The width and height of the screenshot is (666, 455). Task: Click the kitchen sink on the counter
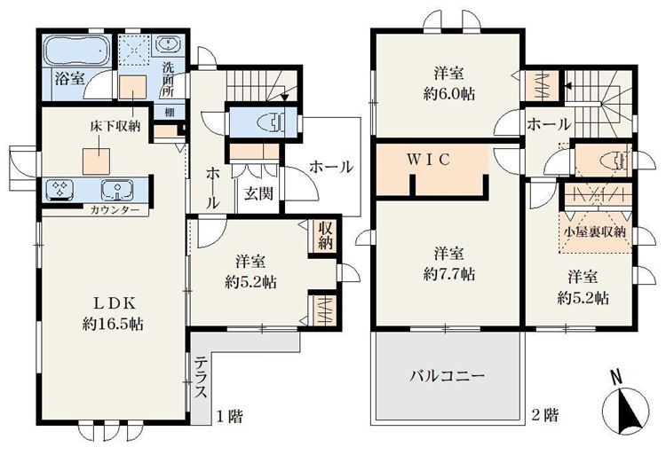[117, 189]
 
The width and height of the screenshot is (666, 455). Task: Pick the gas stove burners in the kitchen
[59, 189]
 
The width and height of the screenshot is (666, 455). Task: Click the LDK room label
[115, 303]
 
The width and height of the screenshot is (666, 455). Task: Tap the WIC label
[429, 160]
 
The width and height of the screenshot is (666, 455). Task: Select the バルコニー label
[447, 376]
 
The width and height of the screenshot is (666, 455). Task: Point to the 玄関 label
[258, 193]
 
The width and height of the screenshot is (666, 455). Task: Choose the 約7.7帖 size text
[449, 274]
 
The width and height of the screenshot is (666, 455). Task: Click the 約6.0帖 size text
[449, 93]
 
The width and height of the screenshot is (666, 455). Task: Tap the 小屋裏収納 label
[595, 232]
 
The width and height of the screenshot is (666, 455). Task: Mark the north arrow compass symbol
[627, 406]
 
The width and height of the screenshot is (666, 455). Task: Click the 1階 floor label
[230, 416]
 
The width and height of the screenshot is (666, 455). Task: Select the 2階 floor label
[545, 415]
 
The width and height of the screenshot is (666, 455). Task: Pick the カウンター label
[115, 210]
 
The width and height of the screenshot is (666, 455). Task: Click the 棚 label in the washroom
[170, 113]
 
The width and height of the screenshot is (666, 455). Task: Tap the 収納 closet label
[325, 237]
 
